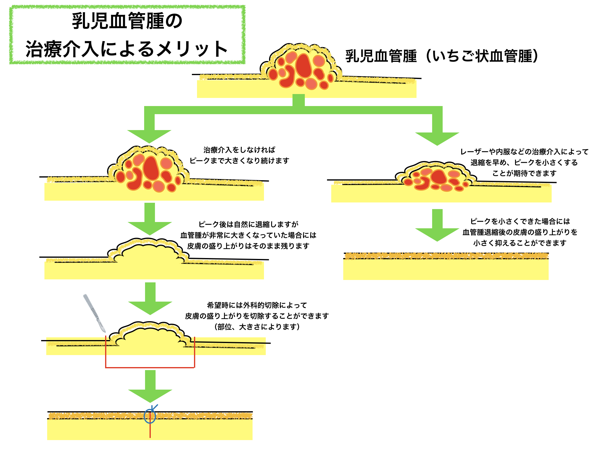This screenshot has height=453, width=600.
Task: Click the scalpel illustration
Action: click(94, 312)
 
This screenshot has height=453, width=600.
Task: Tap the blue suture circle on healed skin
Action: click(150, 416)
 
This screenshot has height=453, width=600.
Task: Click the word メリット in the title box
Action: click(192, 49)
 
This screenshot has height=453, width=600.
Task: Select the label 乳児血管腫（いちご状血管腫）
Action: click(441, 56)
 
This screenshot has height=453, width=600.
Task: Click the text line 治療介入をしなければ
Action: click(239, 150)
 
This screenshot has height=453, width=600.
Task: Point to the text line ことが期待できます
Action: click(524, 173)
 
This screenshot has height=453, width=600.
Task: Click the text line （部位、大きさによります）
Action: click(257, 327)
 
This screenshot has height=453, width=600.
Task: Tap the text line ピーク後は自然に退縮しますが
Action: click(248, 224)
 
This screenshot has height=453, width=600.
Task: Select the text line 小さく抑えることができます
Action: click(520, 243)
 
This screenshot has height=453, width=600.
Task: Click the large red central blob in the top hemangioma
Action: click(303, 66)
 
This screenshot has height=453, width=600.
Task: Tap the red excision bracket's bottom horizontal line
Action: click(150, 367)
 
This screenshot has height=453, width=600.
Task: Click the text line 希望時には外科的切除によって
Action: click(257, 305)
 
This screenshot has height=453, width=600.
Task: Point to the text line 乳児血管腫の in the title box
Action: click(127, 21)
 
